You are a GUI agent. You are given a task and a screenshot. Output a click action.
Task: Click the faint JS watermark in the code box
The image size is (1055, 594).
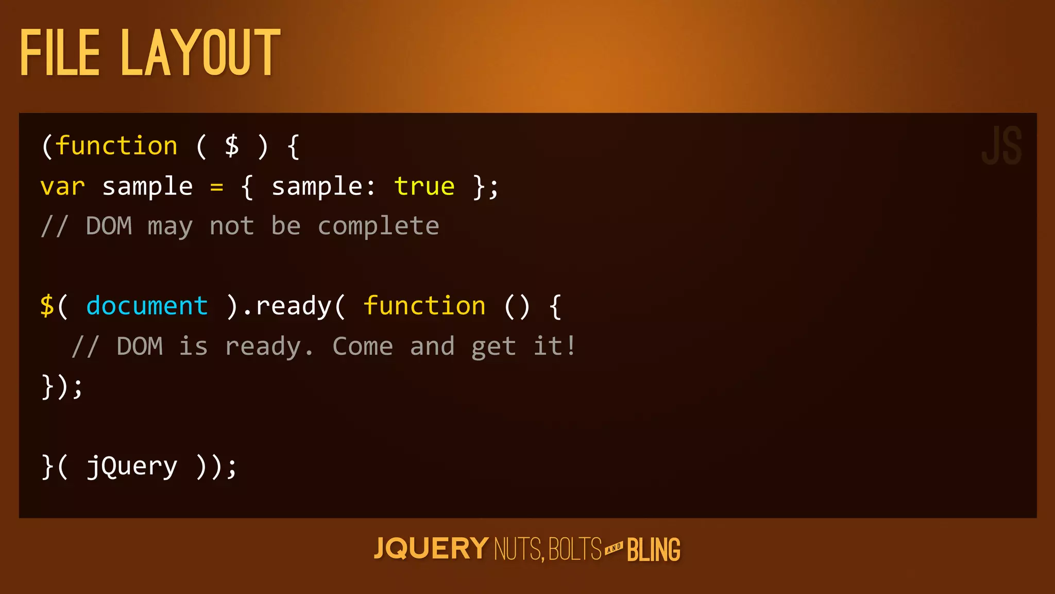[1001, 146]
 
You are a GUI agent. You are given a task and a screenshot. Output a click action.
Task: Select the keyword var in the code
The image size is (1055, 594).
[62, 187]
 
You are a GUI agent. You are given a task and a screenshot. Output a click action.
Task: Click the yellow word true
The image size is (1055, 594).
[424, 187]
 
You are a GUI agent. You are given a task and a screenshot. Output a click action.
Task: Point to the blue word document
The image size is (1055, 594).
[147, 306]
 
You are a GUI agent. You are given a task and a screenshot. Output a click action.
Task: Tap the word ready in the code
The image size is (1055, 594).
[294, 306]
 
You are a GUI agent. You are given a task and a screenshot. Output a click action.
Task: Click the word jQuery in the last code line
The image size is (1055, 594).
[132, 467]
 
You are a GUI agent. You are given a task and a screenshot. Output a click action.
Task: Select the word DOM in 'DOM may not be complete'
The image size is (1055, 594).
[109, 226]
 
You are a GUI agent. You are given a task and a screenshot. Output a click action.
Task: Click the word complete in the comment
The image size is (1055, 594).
[378, 226]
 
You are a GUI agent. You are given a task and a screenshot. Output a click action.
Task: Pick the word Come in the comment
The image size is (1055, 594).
[363, 346]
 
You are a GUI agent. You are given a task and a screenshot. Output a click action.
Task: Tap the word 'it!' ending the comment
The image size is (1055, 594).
[554, 346]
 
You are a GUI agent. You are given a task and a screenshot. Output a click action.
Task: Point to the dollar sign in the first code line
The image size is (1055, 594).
[232, 146]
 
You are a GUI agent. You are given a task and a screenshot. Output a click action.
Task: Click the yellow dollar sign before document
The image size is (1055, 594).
[47, 306]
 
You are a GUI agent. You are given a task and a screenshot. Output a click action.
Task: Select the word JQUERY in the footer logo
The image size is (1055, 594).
[431, 549]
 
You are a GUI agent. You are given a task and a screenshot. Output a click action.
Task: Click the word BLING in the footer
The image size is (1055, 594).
[654, 550]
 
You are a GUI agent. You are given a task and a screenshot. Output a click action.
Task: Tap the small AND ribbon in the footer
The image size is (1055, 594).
[614, 548]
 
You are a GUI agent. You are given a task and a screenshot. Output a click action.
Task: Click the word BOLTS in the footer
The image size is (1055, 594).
[575, 549]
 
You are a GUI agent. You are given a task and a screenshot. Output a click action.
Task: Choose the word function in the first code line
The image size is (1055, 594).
[116, 146]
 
